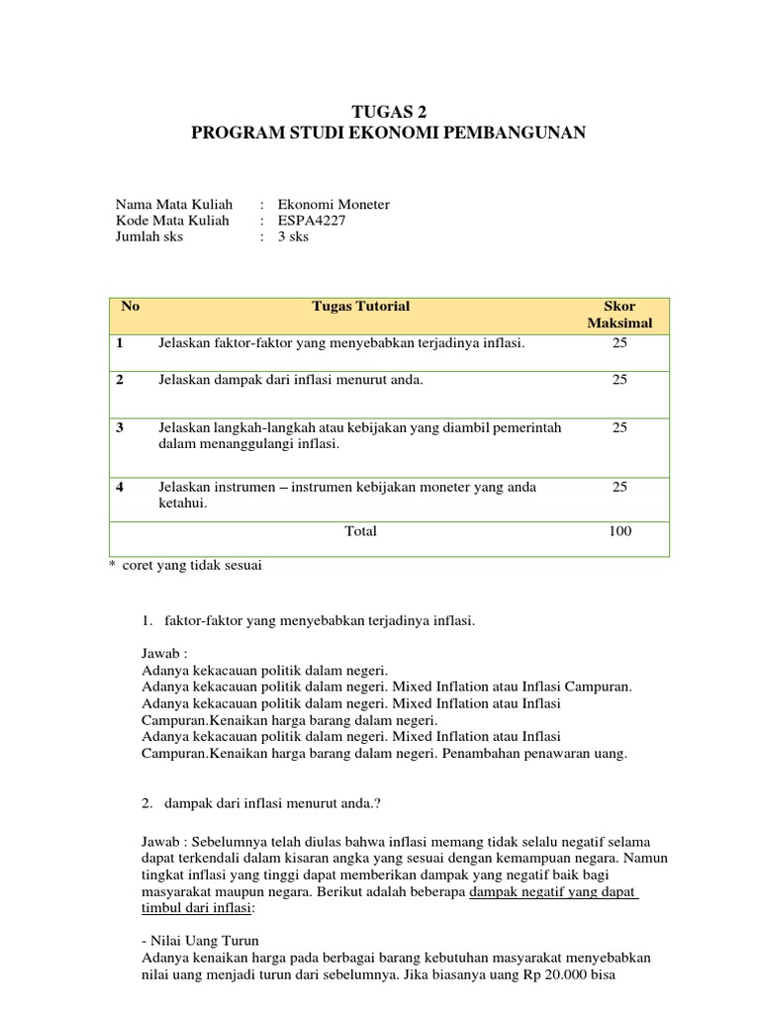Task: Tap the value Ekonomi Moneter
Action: pyautogui.click(x=333, y=205)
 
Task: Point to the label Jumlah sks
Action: pyautogui.click(x=149, y=236)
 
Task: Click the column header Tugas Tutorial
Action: pyautogui.click(x=360, y=307)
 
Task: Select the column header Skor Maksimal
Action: pyautogui.click(x=619, y=315)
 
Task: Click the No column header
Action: pyautogui.click(x=131, y=307)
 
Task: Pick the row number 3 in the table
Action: pyautogui.click(x=120, y=427)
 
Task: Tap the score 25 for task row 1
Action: pyautogui.click(x=619, y=343)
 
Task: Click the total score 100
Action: pyautogui.click(x=619, y=531)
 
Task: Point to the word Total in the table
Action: pyautogui.click(x=360, y=531)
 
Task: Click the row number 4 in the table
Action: pyautogui.click(x=120, y=486)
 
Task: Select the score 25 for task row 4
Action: pyautogui.click(x=619, y=486)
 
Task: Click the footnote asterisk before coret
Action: pyautogui.click(x=112, y=566)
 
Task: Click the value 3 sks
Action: pyautogui.click(x=294, y=236)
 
